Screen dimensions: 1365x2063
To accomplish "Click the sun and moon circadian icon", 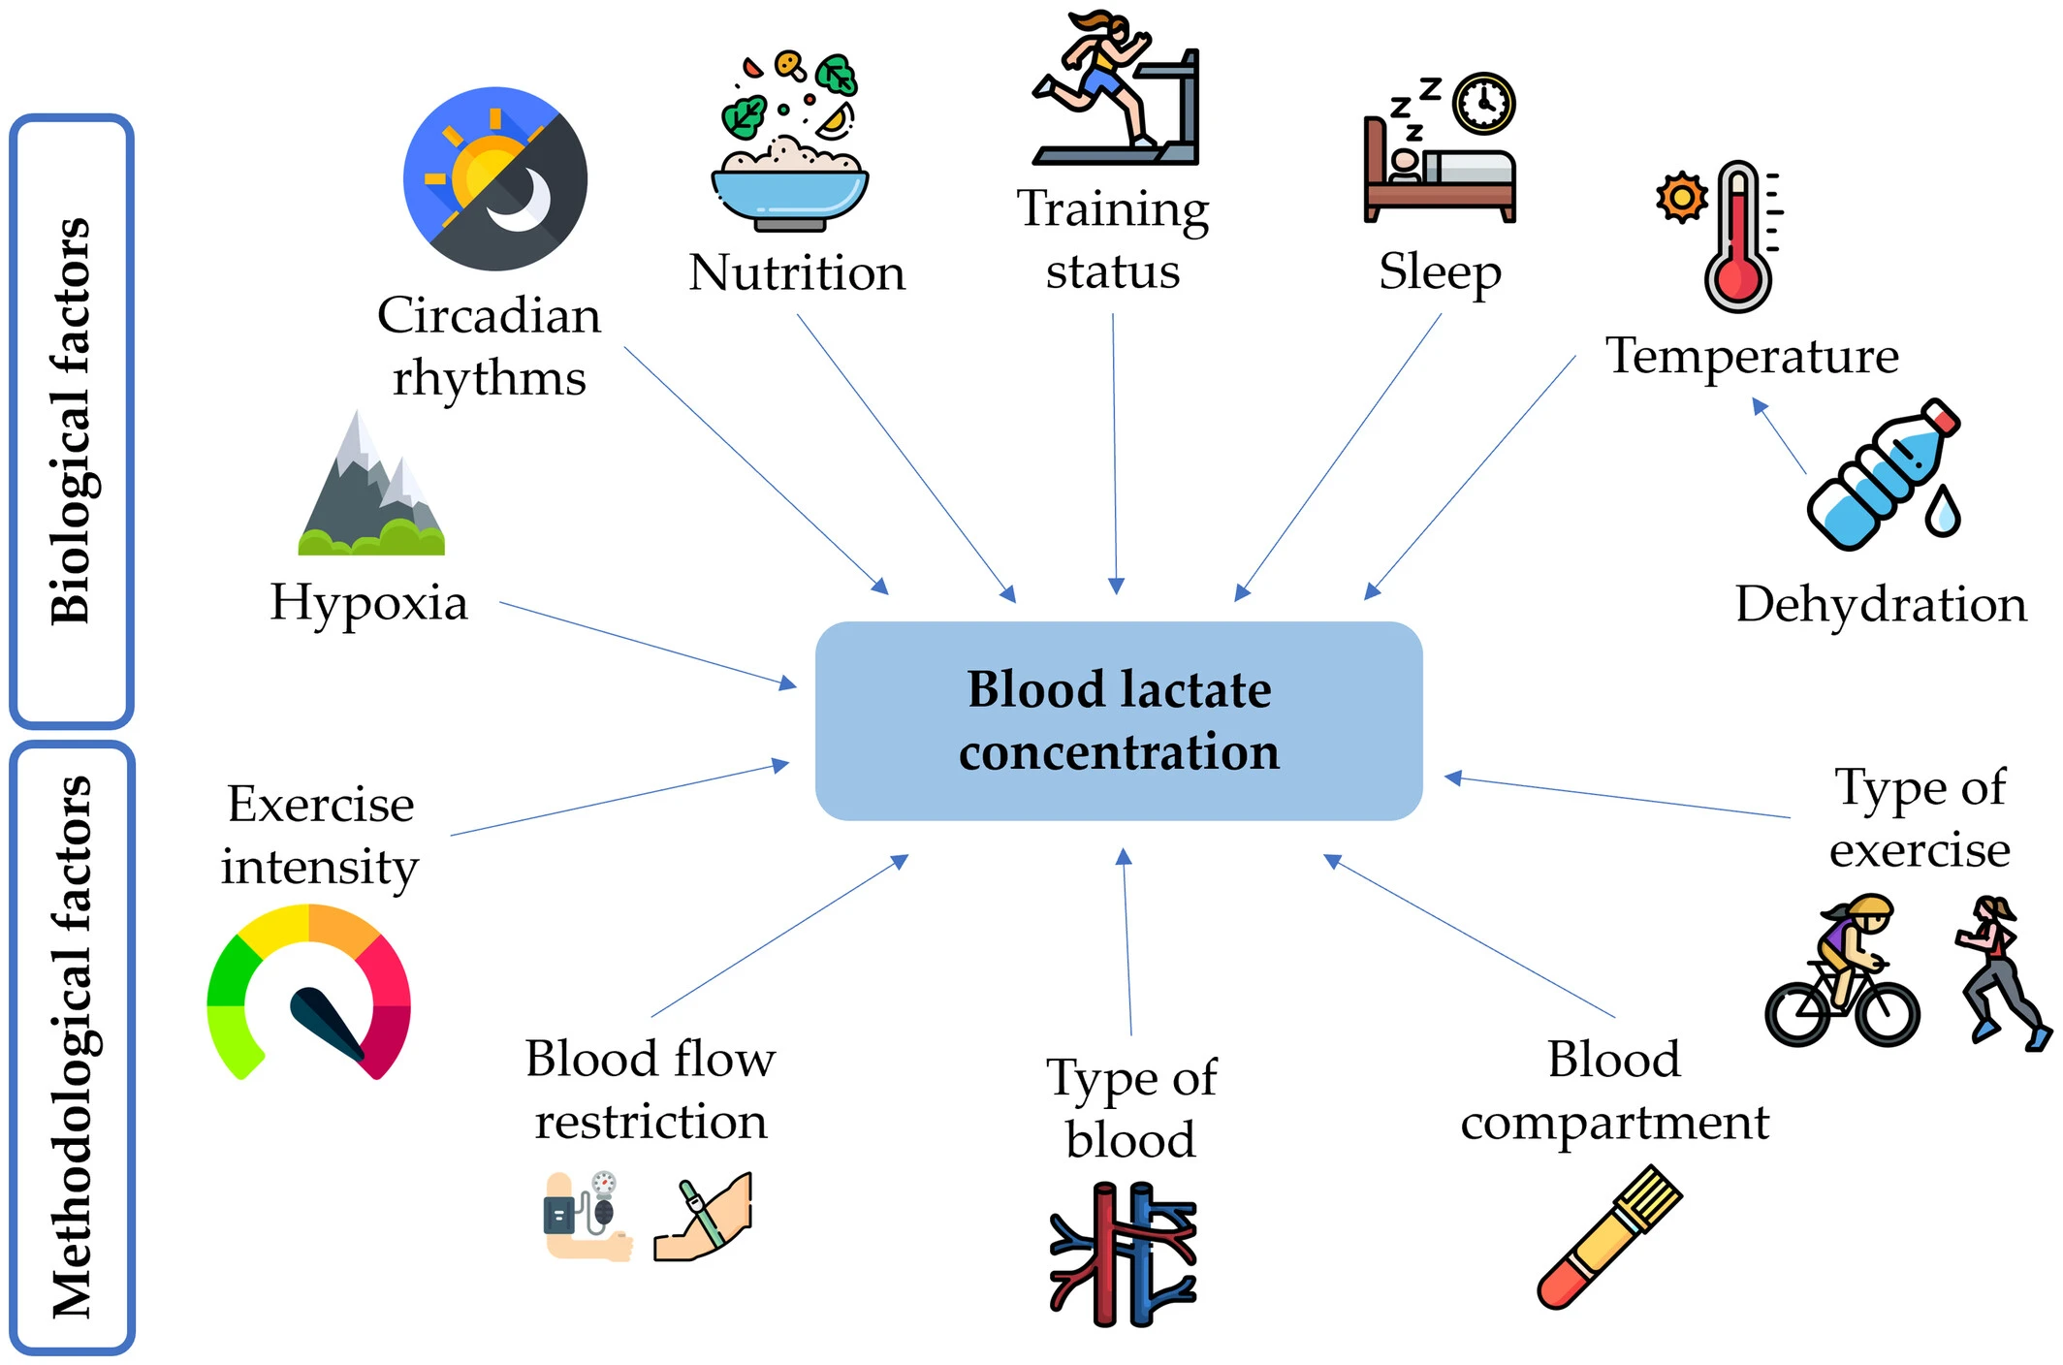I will coord(495,179).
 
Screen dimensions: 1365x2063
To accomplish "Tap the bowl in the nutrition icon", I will coord(789,194).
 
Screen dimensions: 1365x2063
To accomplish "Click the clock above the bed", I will coord(1483,103).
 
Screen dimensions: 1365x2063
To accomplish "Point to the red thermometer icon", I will coord(1739,238).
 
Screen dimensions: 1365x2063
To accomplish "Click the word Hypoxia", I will coord(368,603).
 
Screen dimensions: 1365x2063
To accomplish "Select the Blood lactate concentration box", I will coord(1119,721).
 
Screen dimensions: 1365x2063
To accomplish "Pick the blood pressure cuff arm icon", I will coord(587,1216).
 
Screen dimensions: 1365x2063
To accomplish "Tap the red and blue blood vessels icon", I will coord(1123,1254).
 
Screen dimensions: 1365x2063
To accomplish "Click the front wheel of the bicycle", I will coord(1887,1014).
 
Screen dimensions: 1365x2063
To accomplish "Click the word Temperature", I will coord(1752,356).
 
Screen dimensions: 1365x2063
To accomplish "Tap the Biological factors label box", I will coord(72,421).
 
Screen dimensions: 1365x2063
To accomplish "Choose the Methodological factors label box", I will coord(72,1047).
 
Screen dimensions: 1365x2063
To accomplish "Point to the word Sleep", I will coord(1440,272).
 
